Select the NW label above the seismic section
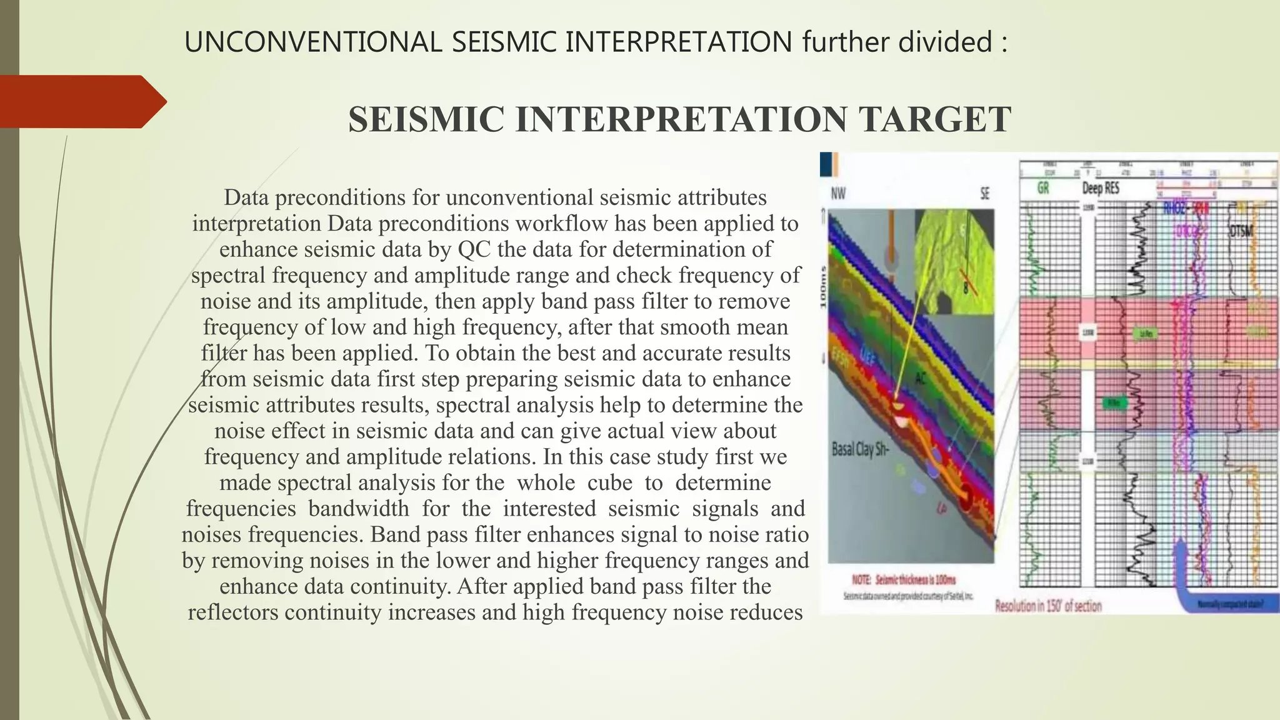(x=838, y=194)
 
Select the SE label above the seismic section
(x=985, y=194)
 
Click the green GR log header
(x=1043, y=188)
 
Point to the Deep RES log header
(x=1101, y=188)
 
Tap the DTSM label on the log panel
(x=1241, y=231)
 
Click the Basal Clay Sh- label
(x=860, y=449)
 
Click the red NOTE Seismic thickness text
(x=904, y=580)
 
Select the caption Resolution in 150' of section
(x=1048, y=606)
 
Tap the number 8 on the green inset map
(x=966, y=289)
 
